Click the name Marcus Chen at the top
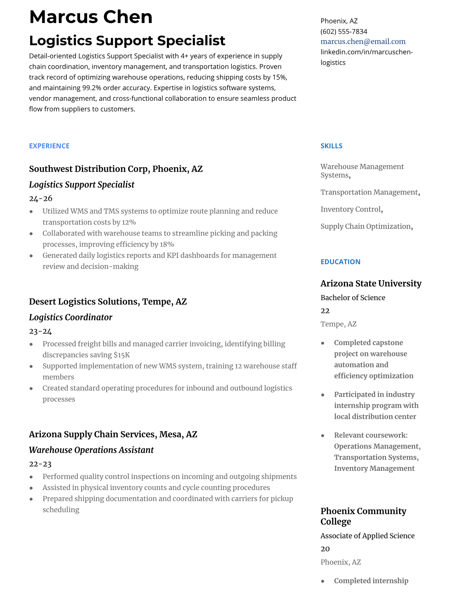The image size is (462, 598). [91, 17]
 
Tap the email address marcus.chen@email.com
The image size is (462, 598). [363, 42]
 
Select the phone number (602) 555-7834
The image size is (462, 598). [343, 31]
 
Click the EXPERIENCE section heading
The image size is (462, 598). [49, 146]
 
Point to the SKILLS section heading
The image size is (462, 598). [331, 146]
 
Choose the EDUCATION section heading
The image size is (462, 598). [340, 262]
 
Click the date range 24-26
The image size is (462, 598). [40, 199]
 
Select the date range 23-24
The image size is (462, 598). [40, 331]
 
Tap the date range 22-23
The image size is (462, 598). [40, 464]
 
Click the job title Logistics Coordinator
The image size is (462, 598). [71, 317]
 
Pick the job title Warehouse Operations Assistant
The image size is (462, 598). [91, 450]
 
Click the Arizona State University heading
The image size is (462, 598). [371, 284]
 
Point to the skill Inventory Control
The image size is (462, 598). [351, 209]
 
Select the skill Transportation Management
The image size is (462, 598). [369, 192]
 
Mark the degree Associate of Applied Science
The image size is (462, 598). [367, 536]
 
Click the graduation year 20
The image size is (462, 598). [325, 549]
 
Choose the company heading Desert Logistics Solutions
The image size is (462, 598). [83, 302]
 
